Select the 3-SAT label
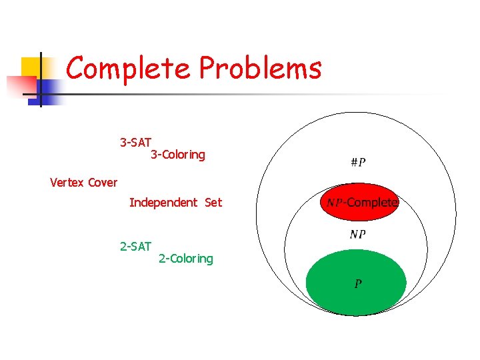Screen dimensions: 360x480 [135, 143]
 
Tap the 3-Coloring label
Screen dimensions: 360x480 [178, 155]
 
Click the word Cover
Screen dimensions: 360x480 [102, 182]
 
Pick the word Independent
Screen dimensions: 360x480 [163, 202]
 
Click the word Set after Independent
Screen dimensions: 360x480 [214, 202]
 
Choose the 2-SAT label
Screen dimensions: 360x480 [135, 246]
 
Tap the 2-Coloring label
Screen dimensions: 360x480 [186, 258]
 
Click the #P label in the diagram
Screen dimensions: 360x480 [357, 162]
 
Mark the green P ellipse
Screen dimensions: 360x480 [356, 297]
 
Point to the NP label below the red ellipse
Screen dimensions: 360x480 [357, 234]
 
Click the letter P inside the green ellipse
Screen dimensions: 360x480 [358, 284]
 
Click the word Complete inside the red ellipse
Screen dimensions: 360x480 [372, 202]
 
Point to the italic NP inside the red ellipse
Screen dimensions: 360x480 [335, 202]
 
